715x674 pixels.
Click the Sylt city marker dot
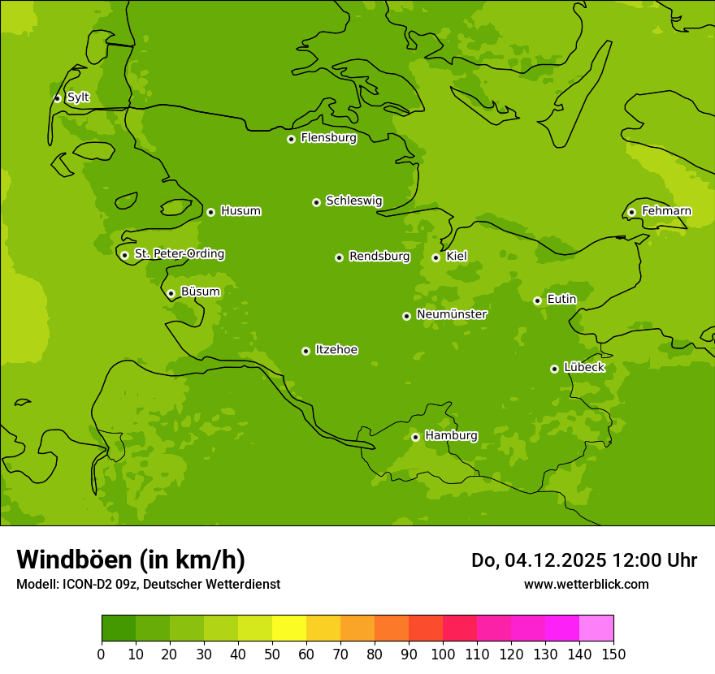tap(57, 98)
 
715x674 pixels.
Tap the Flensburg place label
tap(328, 138)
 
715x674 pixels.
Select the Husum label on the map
tap(240, 211)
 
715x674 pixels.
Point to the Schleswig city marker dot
tap(316, 202)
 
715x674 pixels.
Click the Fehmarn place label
tap(666, 211)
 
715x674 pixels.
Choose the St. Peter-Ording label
tap(179, 254)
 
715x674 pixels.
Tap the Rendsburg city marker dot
tap(339, 257)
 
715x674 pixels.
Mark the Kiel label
tap(457, 257)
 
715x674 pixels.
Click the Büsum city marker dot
tap(171, 293)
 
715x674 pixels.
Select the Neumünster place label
tap(451, 314)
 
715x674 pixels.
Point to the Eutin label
tap(561, 300)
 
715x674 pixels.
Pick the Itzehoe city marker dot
tap(305, 351)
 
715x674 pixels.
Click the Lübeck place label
tap(584, 368)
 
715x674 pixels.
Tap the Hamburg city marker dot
tap(415, 437)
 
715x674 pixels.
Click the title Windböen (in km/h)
tap(130, 560)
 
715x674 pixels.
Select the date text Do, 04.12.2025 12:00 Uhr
tap(583, 560)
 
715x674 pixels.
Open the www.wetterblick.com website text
tap(586, 584)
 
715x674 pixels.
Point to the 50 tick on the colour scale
tap(272, 655)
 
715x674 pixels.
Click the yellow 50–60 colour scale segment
tap(289, 629)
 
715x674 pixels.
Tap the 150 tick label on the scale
tap(613, 655)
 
